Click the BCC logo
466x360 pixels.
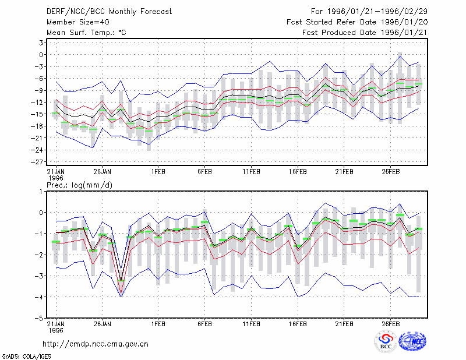(x=386, y=341)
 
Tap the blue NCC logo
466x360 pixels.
(x=412, y=341)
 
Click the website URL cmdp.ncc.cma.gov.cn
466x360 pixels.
(x=96, y=344)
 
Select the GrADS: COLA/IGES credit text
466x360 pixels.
(x=26, y=357)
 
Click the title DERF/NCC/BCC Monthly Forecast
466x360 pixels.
(x=109, y=12)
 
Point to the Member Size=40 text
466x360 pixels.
(x=78, y=22)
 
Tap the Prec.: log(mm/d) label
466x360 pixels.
(x=79, y=185)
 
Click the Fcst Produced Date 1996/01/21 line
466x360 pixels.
(x=365, y=33)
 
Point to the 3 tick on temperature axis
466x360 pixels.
(x=41, y=43)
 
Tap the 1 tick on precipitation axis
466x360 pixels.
(x=41, y=192)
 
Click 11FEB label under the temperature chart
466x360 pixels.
(x=251, y=172)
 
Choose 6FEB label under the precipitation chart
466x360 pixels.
(x=204, y=324)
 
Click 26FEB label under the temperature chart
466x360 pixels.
(x=390, y=172)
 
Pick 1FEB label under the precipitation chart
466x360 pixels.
(x=158, y=324)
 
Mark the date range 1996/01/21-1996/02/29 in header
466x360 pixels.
(x=377, y=12)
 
